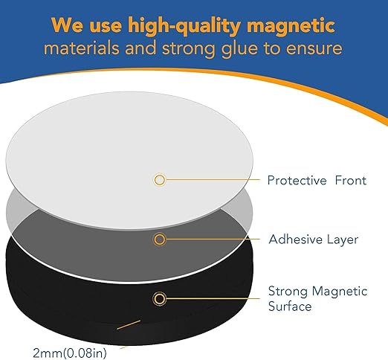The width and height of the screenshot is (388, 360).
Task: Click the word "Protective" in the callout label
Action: [x=297, y=180]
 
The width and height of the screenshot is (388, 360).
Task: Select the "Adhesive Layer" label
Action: [x=313, y=240]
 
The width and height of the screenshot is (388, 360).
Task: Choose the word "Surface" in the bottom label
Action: [x=289, y=306]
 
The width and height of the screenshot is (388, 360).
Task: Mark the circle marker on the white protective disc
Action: [x=159, y=179]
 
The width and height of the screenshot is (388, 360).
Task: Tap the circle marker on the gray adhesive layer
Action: [x=159, y=240]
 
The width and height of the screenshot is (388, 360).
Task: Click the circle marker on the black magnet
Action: [x=159, y=299]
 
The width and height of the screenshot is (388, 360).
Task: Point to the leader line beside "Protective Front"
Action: [x=212, y=179]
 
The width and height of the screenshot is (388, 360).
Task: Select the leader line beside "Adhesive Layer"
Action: [x=212, y=240]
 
